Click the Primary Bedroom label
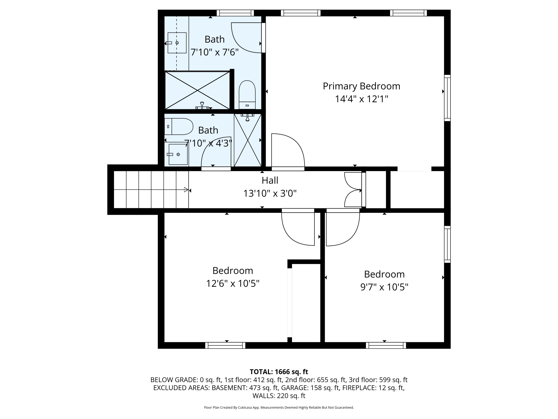[361, 86]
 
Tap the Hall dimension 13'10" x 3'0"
[270, 193]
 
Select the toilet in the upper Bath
[247, 95]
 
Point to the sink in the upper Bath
[177, 43]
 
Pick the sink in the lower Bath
[178, 154]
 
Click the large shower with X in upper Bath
[197, 90]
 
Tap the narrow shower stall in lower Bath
[247, 140]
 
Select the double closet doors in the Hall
[353, 190]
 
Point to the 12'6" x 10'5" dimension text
[232, 283]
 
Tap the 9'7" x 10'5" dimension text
[384, 287]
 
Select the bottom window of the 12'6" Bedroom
[225, 345]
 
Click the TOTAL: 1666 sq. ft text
[279, 372]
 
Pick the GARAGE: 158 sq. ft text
[310, 388]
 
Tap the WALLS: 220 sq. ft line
[279, 396]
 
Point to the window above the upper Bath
[235, 13]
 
